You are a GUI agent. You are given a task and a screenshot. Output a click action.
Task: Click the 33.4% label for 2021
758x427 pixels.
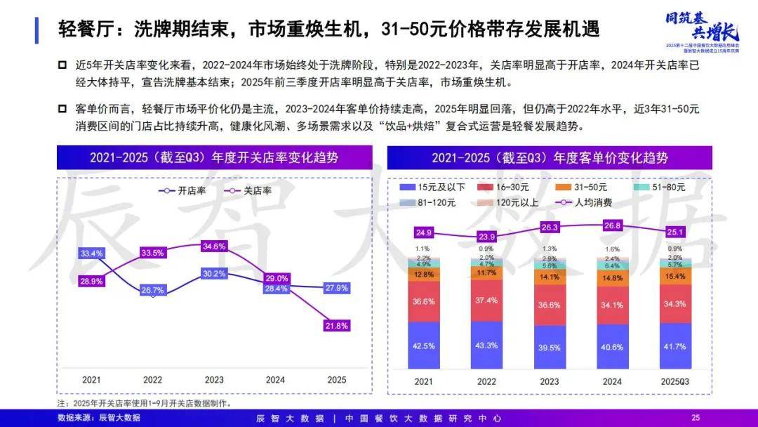92,254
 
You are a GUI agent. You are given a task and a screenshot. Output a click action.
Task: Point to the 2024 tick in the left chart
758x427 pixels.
276,379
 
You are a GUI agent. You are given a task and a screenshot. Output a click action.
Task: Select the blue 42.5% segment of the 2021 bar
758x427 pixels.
423,346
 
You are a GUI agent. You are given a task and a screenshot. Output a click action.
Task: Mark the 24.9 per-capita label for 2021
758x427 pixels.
423,232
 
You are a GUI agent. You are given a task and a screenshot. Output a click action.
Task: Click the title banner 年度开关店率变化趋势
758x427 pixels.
215,157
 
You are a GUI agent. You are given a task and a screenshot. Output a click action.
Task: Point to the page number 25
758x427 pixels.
696,417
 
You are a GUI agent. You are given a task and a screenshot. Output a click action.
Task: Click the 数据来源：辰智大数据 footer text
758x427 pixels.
99,417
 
